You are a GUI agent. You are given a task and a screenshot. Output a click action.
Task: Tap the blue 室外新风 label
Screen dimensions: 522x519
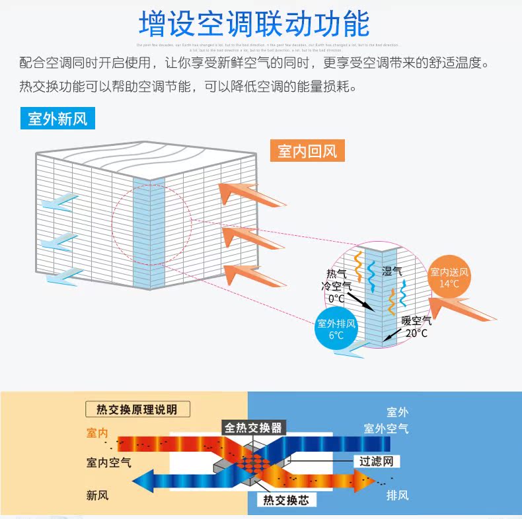click(x=57, y=119)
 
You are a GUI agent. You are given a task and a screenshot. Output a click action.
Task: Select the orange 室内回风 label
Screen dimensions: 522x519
click(x=307, y=151)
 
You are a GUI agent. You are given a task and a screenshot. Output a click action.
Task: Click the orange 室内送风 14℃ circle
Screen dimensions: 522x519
click(x=449, y=277)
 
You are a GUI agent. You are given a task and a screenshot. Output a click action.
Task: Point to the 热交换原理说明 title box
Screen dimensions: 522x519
click(x=137, y=409)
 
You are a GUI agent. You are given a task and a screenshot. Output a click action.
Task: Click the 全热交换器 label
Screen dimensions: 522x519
click(x=253, y=427)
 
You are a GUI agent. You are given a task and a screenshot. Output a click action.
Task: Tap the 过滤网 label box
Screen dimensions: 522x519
click(x=377, y=461)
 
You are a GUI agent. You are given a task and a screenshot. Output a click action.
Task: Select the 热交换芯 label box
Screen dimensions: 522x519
click(x=285, y=500)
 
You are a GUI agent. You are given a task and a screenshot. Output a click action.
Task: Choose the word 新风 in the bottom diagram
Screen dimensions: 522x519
click(x=97, y=495)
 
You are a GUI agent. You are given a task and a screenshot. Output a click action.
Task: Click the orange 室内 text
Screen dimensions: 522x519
click(x=97, y=433)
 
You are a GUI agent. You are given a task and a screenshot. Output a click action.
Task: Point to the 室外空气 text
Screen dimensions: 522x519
click(x=386, y=429)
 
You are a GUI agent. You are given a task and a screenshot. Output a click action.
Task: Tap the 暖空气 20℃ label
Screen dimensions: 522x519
click(x=416, y=327)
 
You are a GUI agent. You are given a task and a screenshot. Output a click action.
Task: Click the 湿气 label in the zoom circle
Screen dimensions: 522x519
click(x=392, y=271)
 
